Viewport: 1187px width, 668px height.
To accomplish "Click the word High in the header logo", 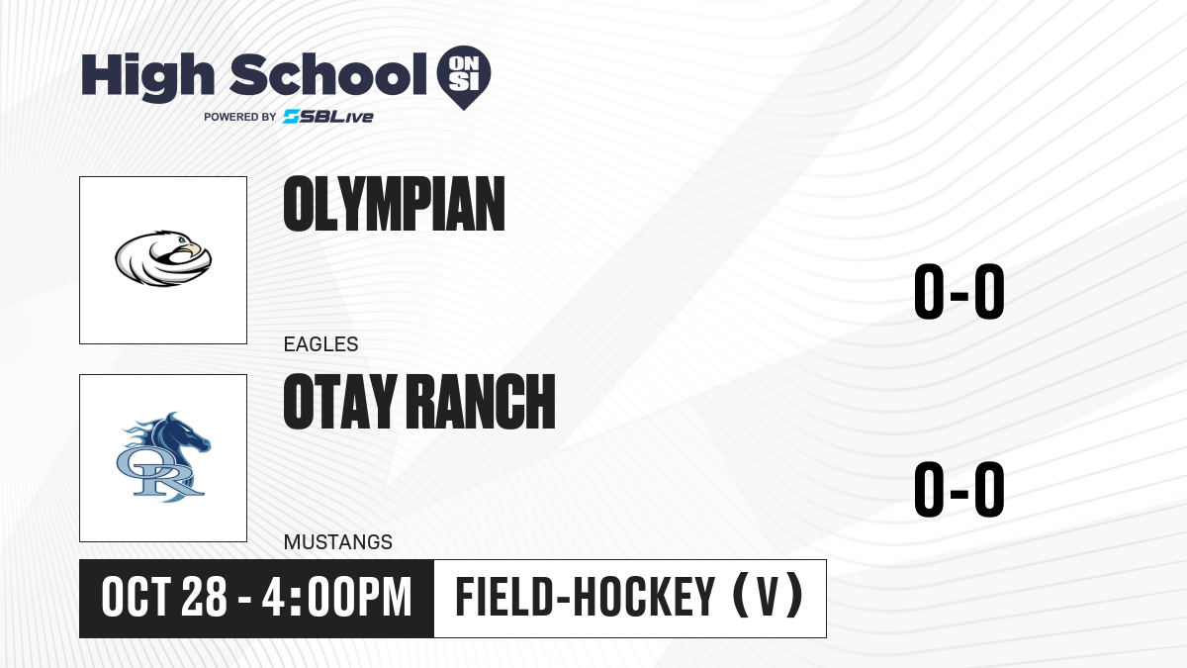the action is [x=148, y=77].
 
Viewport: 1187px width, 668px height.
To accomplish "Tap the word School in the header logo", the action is [x=328, y=74].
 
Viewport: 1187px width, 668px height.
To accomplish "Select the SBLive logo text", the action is [x=328, y=117].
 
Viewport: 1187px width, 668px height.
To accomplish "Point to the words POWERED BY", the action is [x=240, y=117].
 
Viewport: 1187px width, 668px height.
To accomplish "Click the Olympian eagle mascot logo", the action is [x=163, y=258].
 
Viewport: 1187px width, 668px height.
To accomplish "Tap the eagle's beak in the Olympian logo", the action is [x=195, y=248].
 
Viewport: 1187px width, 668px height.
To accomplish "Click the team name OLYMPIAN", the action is [x=395, y=204].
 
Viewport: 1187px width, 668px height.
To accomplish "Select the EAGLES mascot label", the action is [x=321, y=344].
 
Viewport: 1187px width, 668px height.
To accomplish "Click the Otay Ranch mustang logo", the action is [x=163, y=457].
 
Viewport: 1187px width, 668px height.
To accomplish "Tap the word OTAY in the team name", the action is [x=340, y=402].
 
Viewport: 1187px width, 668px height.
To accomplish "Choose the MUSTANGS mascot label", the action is [x=338, y=542].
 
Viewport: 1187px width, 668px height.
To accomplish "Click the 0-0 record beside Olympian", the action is [x=959, y=292].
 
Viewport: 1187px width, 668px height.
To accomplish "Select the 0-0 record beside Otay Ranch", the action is [x=959, y=489].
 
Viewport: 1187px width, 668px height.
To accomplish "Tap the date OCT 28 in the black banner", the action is [x=164, y=598].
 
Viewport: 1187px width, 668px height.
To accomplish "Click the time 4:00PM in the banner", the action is [x=337, y=598].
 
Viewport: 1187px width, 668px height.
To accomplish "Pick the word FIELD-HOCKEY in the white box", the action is [x=586, y=597].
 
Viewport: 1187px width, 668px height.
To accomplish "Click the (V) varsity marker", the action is [x=768, y=596].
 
